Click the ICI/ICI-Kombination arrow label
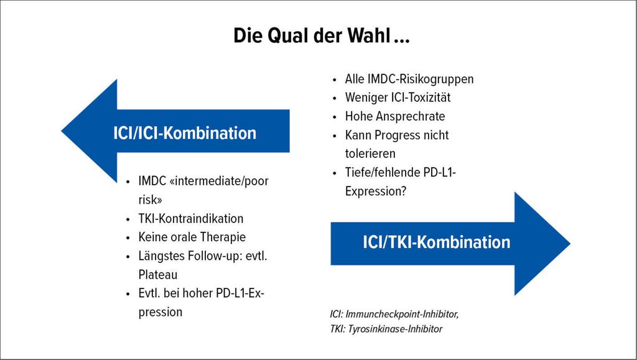click(185, 133)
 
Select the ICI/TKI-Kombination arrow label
click(436, 242)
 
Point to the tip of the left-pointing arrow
click(62, 131)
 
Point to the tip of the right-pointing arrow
click(570, 244)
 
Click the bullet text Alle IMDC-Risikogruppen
click(409, 79)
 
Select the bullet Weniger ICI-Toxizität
click(398, 98)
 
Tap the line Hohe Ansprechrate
click(395, 116)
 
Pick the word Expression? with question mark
click(375, 191)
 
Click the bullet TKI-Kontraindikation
click(190, 218)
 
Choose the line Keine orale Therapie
click(192, 237)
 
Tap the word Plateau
click(157, 275)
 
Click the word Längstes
click(160, 257)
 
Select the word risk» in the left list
click(150, 200)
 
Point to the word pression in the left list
click(160, 313)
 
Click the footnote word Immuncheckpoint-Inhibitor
click(402, 314)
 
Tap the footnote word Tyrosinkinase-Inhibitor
click(395, 329)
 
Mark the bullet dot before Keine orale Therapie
click(128, 238)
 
